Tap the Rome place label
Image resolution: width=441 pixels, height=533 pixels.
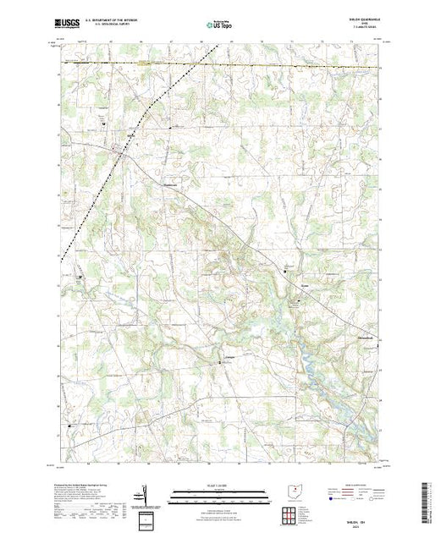pyautogui.click(x=285, y=287)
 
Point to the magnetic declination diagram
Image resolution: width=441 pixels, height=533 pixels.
pyautogui.click(x=146, y=496)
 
